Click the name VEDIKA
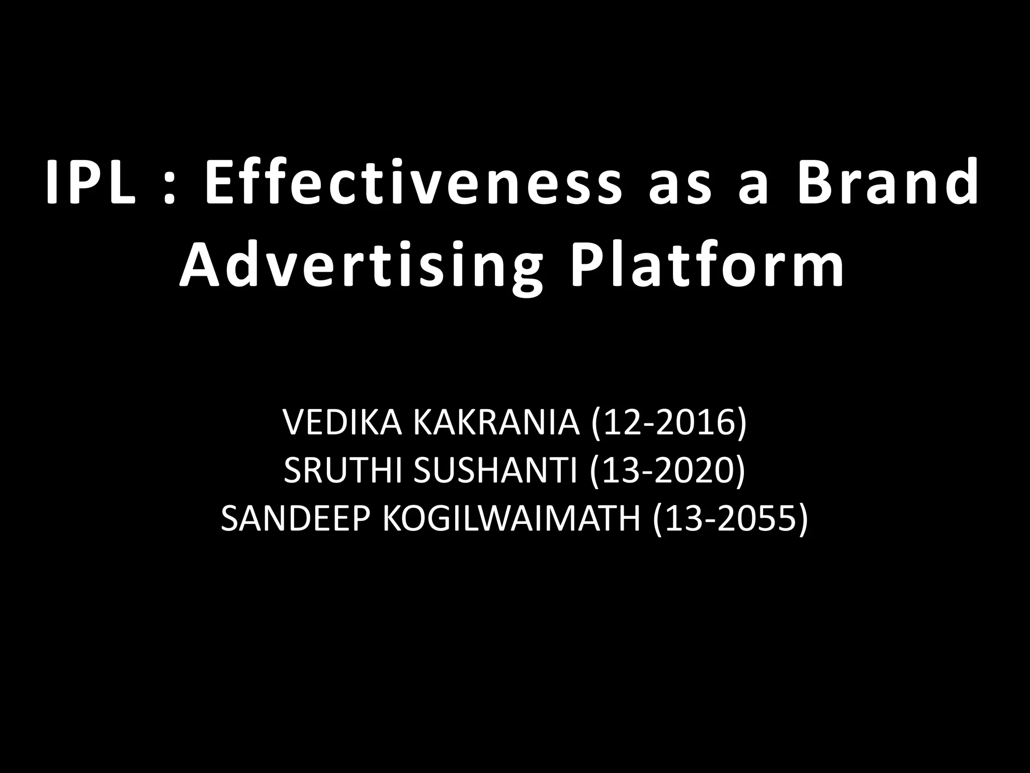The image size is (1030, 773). pyautogui.click(x=342, y=423)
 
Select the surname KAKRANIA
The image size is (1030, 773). pyautogui.click(x=496, y=423)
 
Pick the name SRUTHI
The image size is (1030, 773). pyautogui.click(x=342, y=471)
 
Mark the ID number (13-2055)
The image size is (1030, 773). pyautogui.click(x=730, y=518)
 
